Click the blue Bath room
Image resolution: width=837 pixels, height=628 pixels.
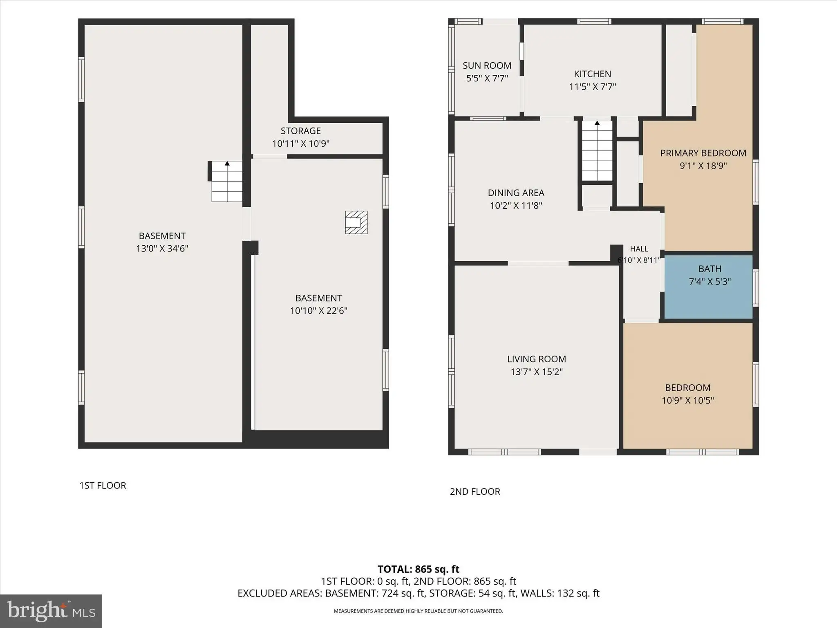coord(708,287)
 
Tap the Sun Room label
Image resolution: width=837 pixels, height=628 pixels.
coord(487,65)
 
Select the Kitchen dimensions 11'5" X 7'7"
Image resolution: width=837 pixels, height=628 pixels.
coord(592,87)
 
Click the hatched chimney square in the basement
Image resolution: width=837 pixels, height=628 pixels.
coord(356,222)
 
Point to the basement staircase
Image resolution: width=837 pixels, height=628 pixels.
coord(227,181)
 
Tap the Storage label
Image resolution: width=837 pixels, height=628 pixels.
coord(300,131)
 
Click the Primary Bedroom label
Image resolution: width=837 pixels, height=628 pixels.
coord(703,153)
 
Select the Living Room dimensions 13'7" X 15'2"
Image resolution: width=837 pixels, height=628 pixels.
coord(537,372)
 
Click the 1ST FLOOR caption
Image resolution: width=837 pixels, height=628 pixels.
coord(103,485)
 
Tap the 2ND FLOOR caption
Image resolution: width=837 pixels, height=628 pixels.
coord(475,491)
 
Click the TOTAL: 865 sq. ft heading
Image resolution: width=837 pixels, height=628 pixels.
coord(418,569)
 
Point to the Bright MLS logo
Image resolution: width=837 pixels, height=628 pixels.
coord(51,611)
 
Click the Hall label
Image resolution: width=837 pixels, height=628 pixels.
coord(639,249)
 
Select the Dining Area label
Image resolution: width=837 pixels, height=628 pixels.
coord(516,193)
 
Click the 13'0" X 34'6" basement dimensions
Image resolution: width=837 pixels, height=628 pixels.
coord(162,249)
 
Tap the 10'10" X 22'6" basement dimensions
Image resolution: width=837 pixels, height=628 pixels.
coord(319,311)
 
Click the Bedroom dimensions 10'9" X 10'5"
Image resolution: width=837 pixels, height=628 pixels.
coord(688,400)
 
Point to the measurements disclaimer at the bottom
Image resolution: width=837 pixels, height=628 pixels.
coord(418,611)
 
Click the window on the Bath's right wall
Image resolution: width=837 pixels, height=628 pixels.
coord(756,287)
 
